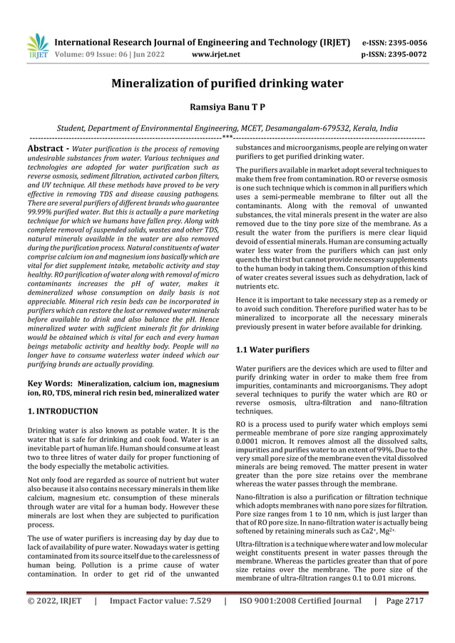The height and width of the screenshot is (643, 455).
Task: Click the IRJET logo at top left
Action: click(x=37, y=46)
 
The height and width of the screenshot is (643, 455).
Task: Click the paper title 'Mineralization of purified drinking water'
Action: click(x=227, y=84)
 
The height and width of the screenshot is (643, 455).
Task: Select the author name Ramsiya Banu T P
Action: click(x=227, y=106)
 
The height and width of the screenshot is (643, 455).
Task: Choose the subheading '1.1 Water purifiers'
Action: click(x=272, y=350)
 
